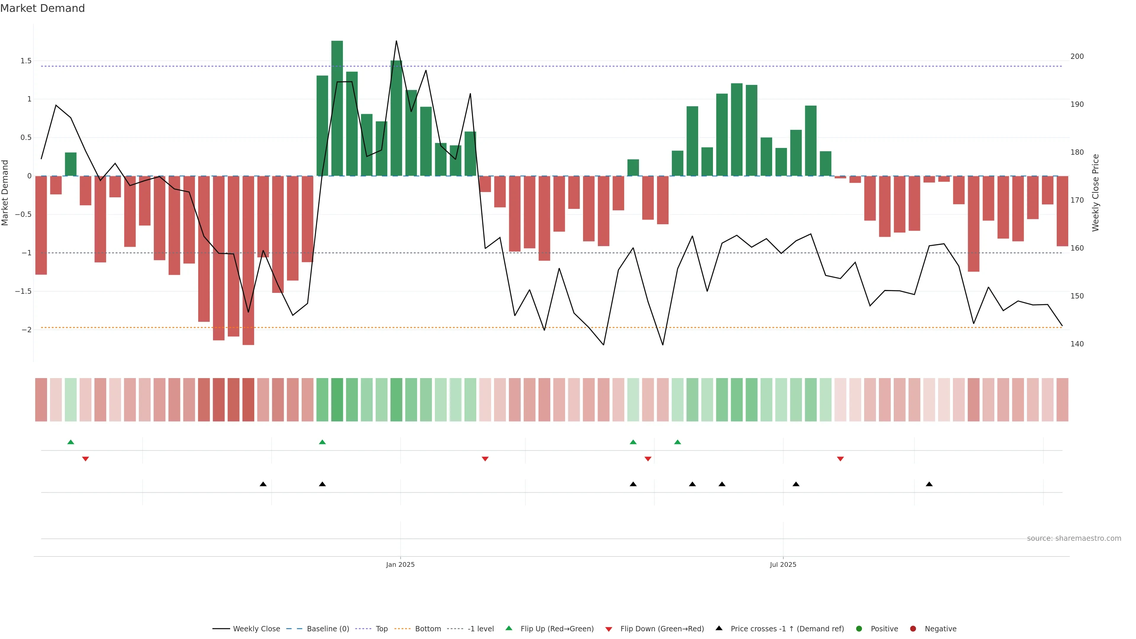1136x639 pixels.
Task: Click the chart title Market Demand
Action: coord(42,8)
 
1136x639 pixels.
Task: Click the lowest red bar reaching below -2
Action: coord(248,260)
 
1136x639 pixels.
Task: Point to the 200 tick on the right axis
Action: coord(1077,57)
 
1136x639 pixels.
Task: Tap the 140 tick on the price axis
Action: coord(1077,344)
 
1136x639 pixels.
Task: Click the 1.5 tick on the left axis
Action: coord(26,61)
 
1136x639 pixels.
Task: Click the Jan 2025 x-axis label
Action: coord(400,564)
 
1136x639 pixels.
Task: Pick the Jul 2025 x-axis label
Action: coord(783,564)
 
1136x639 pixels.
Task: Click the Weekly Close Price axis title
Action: coord(1095,193)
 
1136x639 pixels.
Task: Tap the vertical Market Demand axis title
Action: coord(5,193)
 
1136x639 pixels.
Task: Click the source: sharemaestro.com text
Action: coord(1074,538)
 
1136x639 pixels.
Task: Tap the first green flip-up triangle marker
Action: coord(71,442)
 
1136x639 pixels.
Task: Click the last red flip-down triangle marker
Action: coord(840,459)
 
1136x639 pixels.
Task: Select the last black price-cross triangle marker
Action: coord(929,484)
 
